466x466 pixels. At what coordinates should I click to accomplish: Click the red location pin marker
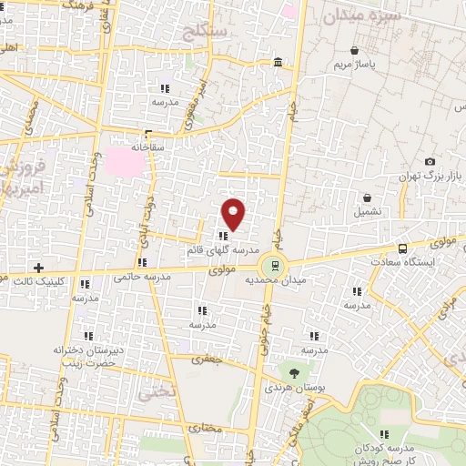click(234, 215)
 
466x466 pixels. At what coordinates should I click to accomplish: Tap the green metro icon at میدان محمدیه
click(271, 267)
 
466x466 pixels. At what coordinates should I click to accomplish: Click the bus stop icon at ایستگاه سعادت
click(403, 248)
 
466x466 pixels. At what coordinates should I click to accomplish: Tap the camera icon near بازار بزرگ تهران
click(430, 161)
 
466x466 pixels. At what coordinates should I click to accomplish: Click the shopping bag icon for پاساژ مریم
click(366, 52)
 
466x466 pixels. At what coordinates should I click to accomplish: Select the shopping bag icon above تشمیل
click(367, 197)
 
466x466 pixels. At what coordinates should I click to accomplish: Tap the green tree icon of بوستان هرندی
click(293, 371)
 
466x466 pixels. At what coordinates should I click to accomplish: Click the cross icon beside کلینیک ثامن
click(38, 268)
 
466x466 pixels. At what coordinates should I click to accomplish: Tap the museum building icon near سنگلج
click(278, 63)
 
